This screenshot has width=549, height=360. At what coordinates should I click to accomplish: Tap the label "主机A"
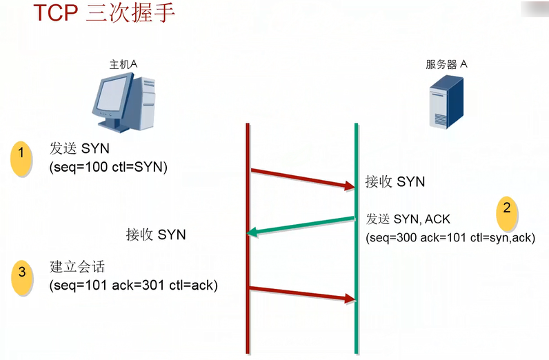(x=124, y=64)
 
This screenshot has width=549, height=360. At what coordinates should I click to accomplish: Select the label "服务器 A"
(x=447, y=65)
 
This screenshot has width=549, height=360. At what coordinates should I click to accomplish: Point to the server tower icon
(x=447, y=102)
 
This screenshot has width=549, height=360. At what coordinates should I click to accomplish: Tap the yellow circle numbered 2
(x=507, y=209)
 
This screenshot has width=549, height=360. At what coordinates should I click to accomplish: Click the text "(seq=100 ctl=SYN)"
(x=109, y=168)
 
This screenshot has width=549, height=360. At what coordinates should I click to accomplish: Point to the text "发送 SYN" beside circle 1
(x=79, y=149)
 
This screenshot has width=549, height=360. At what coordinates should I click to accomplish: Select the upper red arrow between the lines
(x=301, y=177)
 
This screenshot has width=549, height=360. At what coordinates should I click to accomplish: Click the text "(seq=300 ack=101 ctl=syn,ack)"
(x=450, y=237)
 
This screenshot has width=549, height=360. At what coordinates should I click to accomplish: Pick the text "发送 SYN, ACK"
(x=408, y=219)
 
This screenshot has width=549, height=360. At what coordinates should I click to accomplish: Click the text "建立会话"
(x=77, y=267)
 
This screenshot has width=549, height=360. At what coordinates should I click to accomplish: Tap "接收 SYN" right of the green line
(x=395, y=182)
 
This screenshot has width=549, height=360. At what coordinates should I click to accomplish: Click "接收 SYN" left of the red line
(x=156, y=234)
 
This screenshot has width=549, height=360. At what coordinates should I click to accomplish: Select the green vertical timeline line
(x=356, y=317)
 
